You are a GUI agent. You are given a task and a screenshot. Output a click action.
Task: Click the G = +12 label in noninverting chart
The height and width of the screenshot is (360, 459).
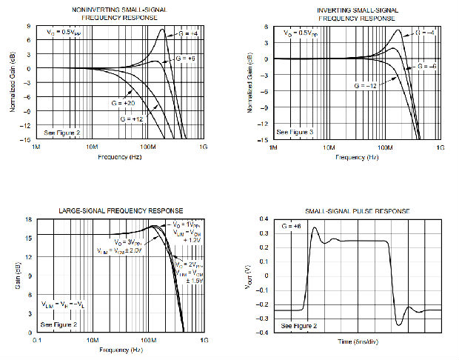click(131, 119)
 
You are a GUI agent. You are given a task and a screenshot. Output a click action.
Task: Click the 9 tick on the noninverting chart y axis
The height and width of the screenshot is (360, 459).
click(27, 26)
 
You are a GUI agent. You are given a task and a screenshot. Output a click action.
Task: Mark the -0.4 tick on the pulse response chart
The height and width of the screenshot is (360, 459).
click(264, 333)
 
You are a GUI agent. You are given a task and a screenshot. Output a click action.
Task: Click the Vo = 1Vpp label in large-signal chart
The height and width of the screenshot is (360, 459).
click(183, 224)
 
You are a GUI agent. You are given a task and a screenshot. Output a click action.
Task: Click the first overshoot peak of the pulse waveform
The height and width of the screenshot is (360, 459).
click(314, 228)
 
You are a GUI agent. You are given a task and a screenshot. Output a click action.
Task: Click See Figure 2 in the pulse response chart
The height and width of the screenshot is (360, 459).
click(299, 325)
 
